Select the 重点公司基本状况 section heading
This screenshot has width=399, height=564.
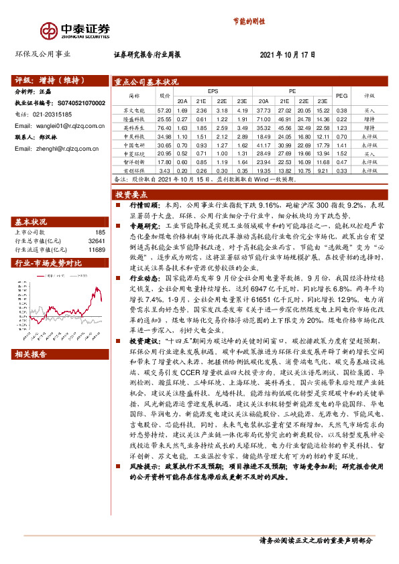[x=147, y=82]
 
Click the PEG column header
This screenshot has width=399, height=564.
[x=341, y=96]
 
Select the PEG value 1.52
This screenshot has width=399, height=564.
[x=341, y=153]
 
